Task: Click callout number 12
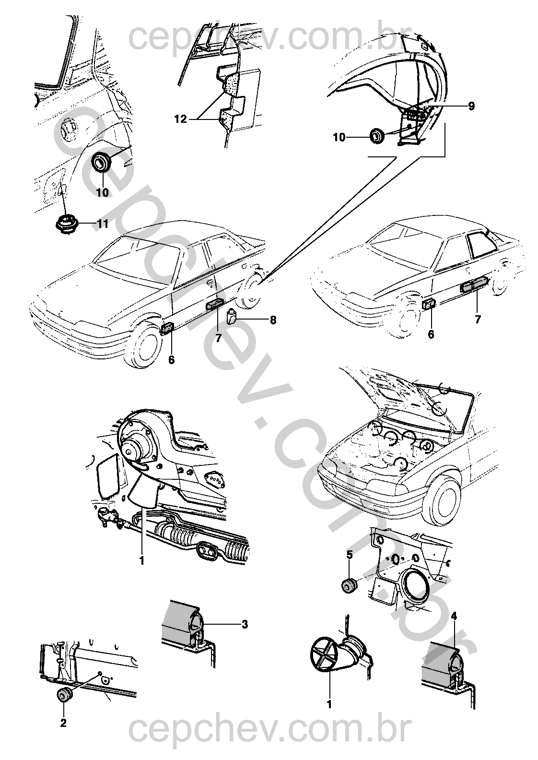click(x=180, y=119)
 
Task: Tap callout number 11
click(x=103, y=224)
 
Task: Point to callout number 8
click(x=273, y=320)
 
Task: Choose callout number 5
click(x=350, y=555)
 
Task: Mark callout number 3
click(x=245, y=624)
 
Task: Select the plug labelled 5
click(x=349, y=586)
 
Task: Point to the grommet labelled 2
click(x=64, y=694)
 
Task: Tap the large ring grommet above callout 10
click(x=101, y=162)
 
